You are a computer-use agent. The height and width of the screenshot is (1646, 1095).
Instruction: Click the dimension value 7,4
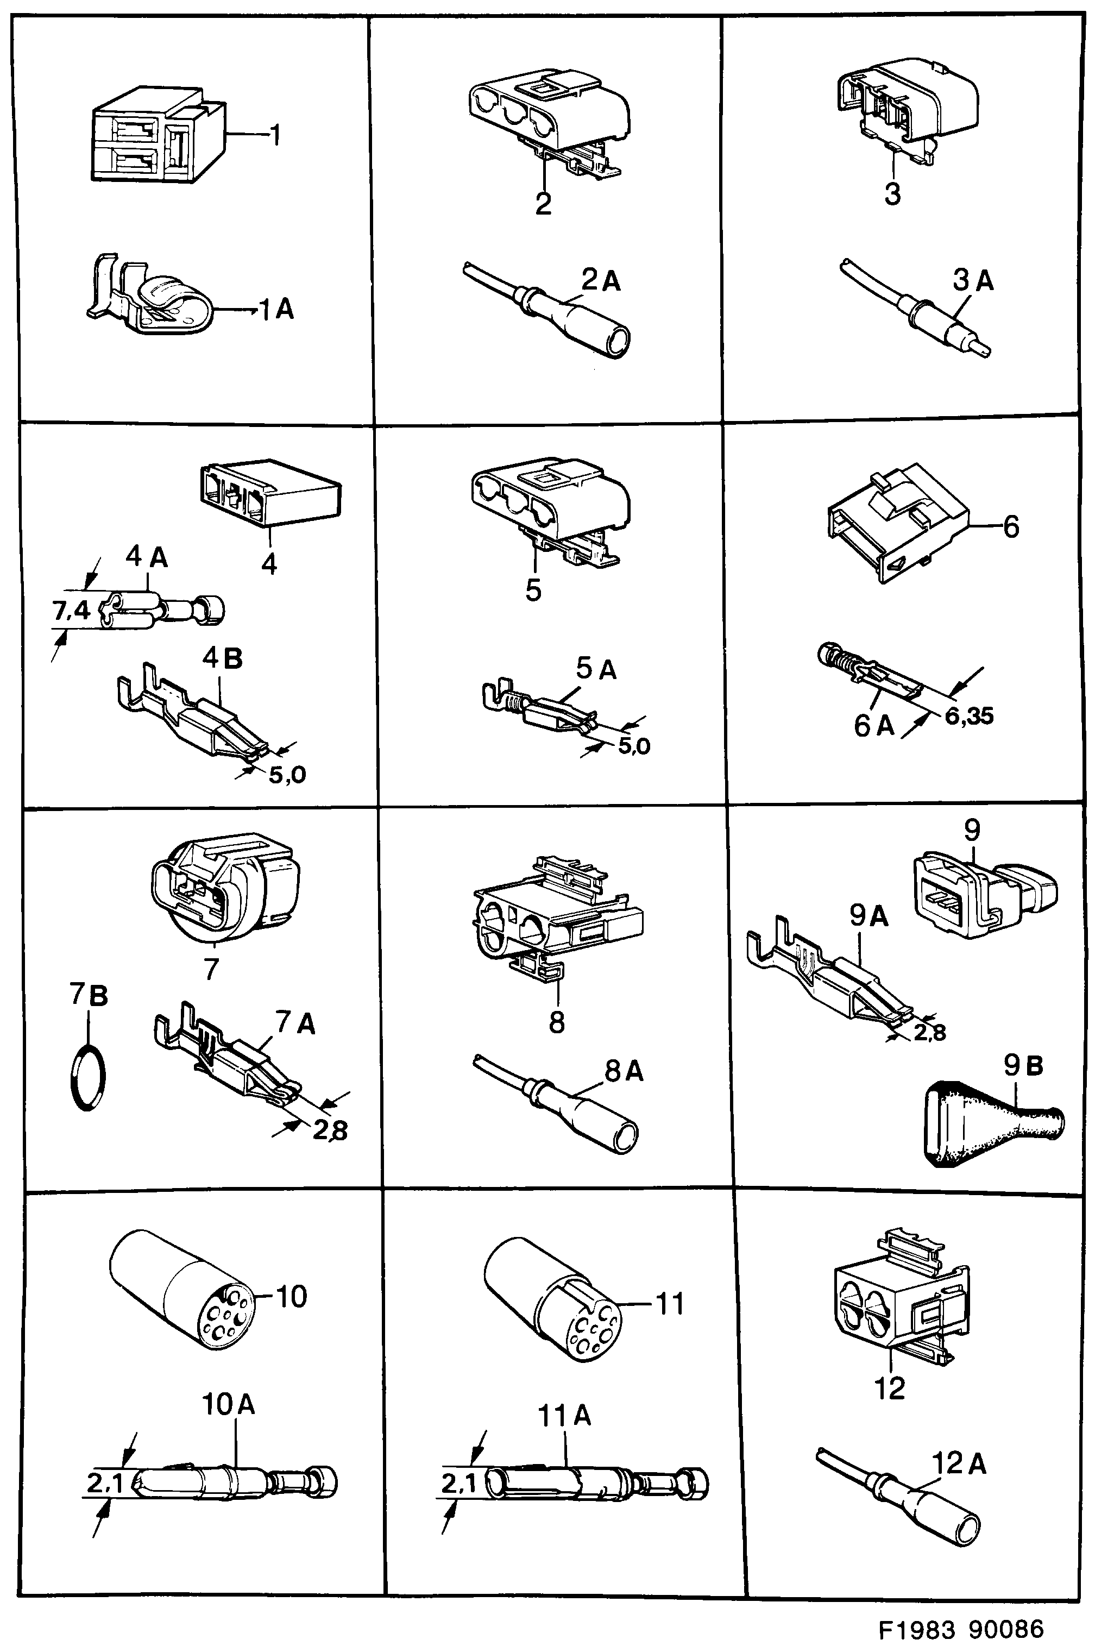(x=72, y=611)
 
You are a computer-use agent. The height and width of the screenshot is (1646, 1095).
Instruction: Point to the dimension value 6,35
(x=970, y=716)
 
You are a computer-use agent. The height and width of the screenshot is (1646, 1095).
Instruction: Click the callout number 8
(x=557, y=1022)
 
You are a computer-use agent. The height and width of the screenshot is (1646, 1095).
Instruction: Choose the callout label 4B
(x=222, y=658)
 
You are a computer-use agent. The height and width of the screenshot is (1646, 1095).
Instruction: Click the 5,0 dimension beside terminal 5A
(x=633, y=746)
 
